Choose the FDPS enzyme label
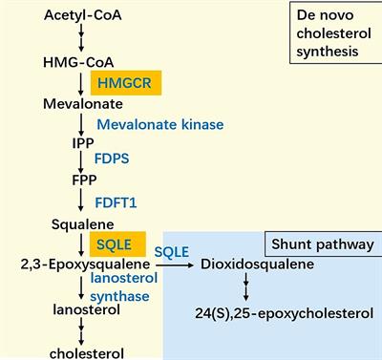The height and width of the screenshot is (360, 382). point(111,161)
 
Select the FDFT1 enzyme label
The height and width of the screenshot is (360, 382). point(116,202)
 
